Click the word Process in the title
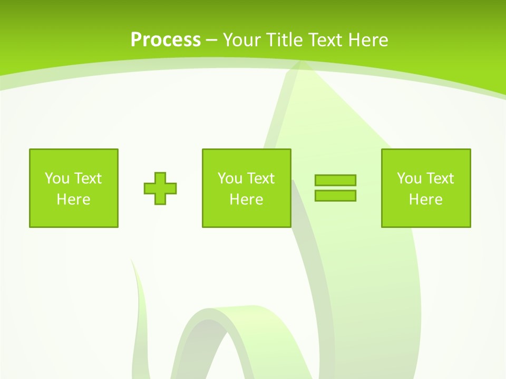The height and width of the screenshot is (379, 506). [x=166, y=40]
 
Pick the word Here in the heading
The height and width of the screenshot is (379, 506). [x=368, y=40]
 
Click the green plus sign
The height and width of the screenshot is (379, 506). [x=160, y=188]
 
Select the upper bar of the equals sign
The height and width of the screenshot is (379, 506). [x=335, y=180]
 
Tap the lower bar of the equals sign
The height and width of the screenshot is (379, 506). [x=335, y=195]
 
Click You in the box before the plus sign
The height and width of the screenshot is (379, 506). [x=57, y=178]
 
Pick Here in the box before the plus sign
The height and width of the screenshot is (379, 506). [x=73, y=200]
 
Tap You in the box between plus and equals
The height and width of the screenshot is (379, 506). [x=230, y=178]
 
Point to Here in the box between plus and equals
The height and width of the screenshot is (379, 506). [x=246, y=200]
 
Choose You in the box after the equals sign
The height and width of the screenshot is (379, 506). [x=409, y=178]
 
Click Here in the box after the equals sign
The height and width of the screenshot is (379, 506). [x=425, y=200]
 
